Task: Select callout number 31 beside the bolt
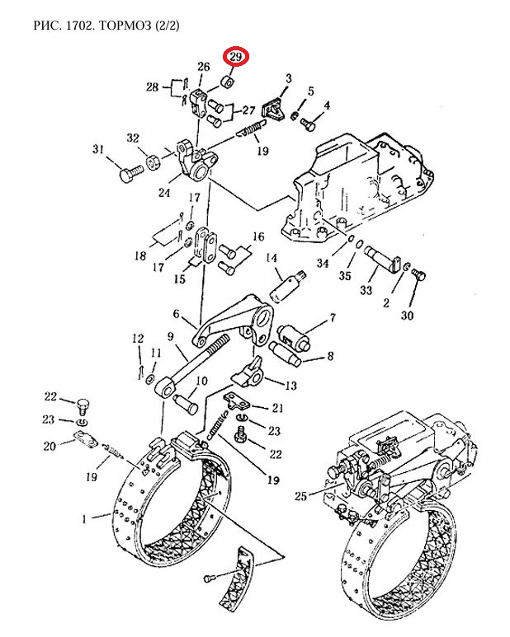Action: point(98,149)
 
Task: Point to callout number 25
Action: point(300,496)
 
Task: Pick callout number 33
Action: point(367,290)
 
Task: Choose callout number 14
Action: point(271,259)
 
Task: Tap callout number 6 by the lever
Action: point(176,314)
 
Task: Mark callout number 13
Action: point(290,386)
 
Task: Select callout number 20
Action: point(50,446)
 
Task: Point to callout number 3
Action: point(288,78)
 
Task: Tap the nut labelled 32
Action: point(153,160)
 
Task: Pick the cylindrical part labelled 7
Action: point(295,334)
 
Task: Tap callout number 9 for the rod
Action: point(170,336)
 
